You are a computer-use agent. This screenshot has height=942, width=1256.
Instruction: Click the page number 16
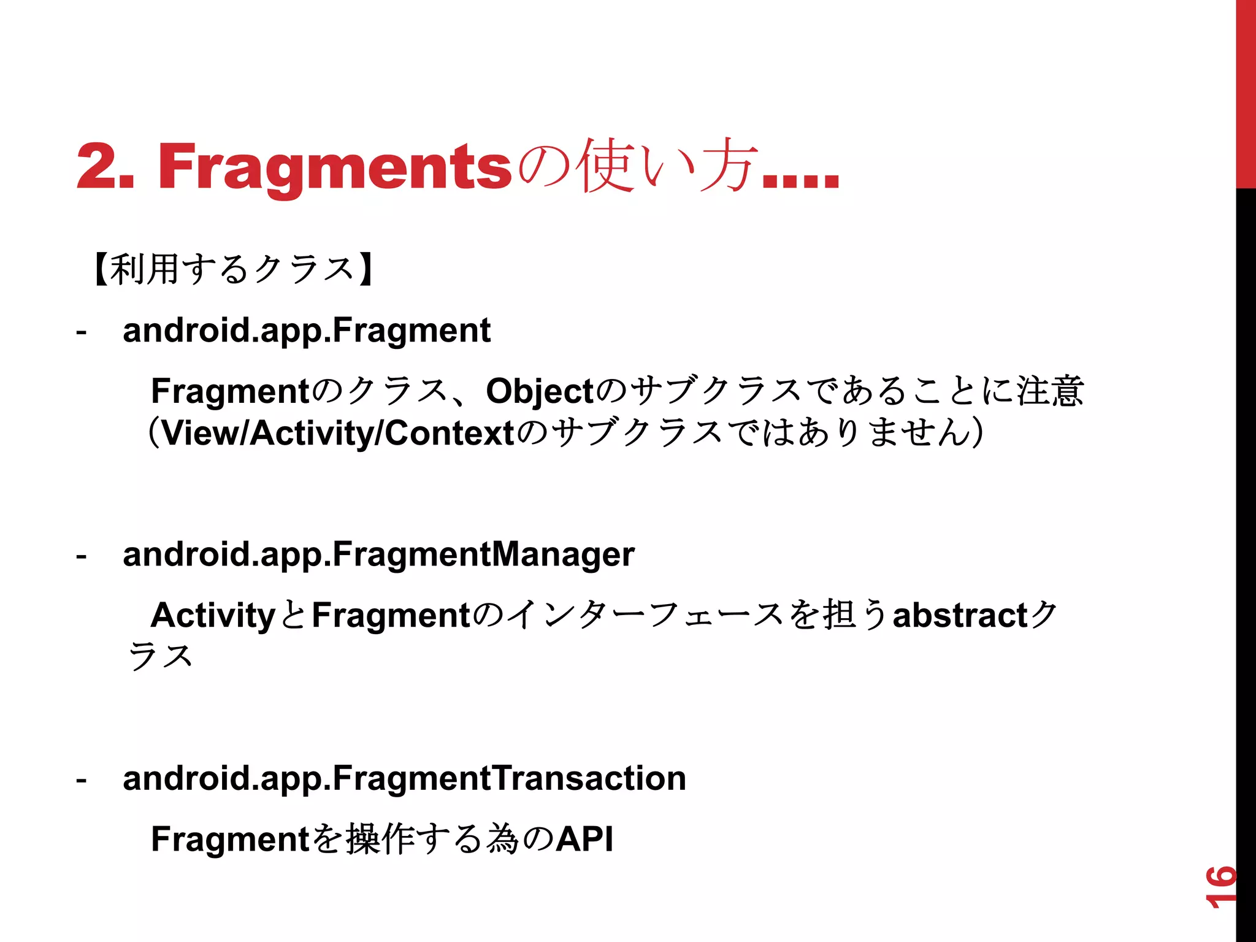pyautogui.click(x=1220, y=887)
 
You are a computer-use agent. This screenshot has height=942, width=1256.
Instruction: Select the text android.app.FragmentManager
pyautogui.click(x=378, y=554)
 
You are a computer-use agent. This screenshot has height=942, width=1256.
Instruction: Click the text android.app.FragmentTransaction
pyautogui.click(x=404, y=778)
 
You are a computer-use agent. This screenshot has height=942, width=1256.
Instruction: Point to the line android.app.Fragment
pyautogui.click(x=307, y=331)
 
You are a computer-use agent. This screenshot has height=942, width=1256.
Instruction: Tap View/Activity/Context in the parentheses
pyautogui.click(x=337, y=433)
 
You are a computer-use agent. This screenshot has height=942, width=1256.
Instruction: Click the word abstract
pyautogui.click(x=960, y=615)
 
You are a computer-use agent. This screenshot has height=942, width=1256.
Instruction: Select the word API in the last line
pyautogui.click(x=584, y=839)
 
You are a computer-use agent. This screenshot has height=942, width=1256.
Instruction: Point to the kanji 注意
pyautogui.click(x=1050, y=391)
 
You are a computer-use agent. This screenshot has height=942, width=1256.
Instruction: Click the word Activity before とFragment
pyautogui.click(x=213, y=615)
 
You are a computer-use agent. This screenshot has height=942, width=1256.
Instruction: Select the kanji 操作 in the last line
pyautogui.click(x=382, y=839)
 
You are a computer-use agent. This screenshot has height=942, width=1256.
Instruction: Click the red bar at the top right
pyautogui.click(x=1246, y=92)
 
